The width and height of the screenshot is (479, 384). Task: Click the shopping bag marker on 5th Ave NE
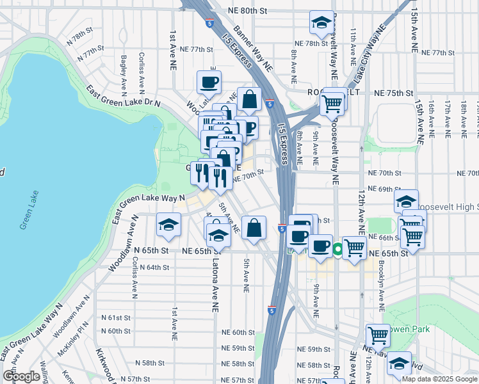(x=254, y=228)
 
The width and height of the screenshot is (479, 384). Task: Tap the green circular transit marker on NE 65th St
(x=337, y=251)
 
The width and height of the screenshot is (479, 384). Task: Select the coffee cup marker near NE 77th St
(x=209, y=83)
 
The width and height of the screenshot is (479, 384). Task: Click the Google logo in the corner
(x=22, y=376)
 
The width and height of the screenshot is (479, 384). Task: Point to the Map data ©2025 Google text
(x=439, y=379)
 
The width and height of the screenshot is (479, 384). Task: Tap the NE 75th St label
(x=392, y=93)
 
